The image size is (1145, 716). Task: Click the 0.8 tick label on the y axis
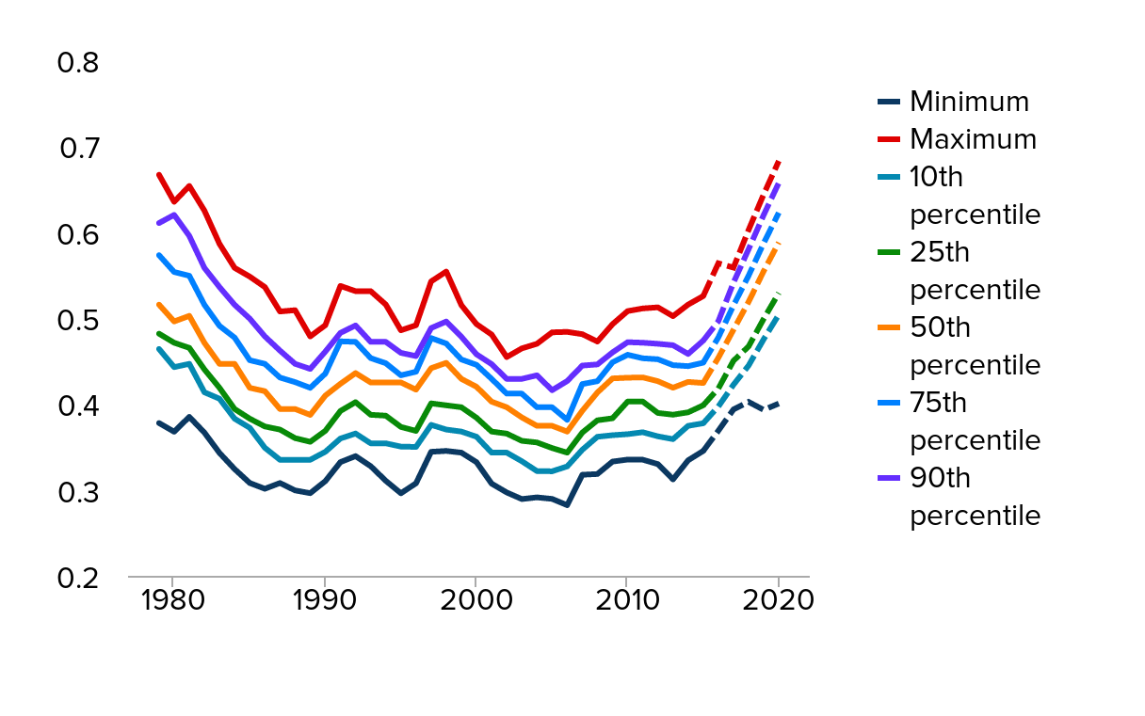click(77, 63)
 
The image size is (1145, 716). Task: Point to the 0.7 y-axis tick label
click(77, 149)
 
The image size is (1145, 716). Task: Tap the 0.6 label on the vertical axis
click(77, 234)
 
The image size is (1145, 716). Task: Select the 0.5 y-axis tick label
click(77, 320)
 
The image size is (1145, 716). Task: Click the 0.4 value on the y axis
click(77, 406)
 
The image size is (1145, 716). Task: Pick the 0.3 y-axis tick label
click(77, 492)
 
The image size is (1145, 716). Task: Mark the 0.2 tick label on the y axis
click(77, 578)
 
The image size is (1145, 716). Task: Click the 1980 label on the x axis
click(173, 600)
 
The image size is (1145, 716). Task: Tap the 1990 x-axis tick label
click(325, 600)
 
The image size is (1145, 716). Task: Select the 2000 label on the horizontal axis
click(476, 600)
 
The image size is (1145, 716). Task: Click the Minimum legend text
click(969, 102)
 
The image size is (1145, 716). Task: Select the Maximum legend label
click(973, 139)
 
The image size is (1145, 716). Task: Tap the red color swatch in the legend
click(889, 139)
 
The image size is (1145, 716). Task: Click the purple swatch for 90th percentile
click(889, 479)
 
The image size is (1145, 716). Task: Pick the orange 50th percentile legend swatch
click(889, 327)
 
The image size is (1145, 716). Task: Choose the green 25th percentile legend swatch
click(889, 252)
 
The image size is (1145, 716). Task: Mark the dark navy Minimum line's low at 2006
click(567, 505)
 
